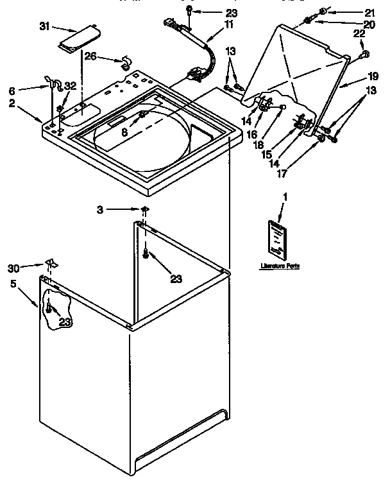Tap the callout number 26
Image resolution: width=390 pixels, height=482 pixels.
[x=91, y=56]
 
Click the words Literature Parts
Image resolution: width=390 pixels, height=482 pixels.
[x=280, y=265]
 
